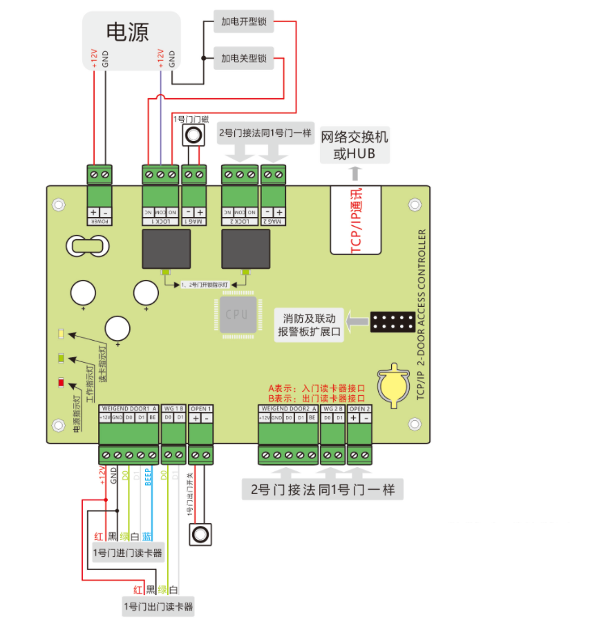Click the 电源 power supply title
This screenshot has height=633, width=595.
tap(127, 32)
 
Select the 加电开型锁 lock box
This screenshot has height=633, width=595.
tap(243, 22)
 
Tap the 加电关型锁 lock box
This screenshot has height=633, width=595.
tap(243, 59)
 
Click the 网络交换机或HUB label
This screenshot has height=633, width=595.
tap(355, 145)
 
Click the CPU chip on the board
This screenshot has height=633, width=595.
tap(236, 314)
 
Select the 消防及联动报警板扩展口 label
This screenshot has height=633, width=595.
tap(309, 325)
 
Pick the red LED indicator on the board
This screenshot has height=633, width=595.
tap(61, 382)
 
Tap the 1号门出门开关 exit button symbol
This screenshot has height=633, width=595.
tap(200, 534)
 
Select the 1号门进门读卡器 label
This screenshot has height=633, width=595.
tap(129, 553)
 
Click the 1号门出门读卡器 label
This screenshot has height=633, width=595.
tap(158, 607)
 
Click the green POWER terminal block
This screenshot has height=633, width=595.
tap(100, 175)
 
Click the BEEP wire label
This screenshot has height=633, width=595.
tap(148, 478)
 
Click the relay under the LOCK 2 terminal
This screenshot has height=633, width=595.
tap(245, 249)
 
